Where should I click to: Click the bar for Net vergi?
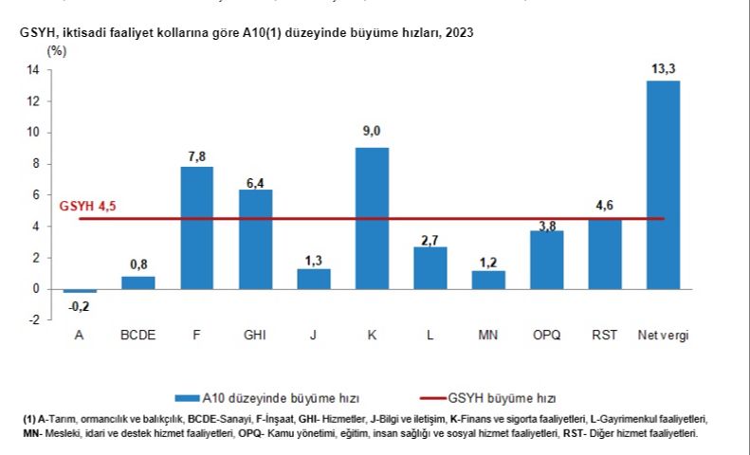click(663, 185)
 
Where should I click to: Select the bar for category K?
click(372, 218)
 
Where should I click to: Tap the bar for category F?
click(196, 227)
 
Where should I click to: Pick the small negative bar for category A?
click(80, 291)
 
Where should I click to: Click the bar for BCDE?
click(138, 282)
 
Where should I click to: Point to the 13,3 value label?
click(663, 67)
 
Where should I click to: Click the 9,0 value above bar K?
click(372, 132)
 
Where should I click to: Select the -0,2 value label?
click(80, 305)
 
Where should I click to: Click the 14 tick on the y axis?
click(32, 70)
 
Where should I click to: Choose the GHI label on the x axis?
click(255, 336)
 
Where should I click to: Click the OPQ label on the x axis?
click(546, 336)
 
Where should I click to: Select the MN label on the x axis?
click(488, 336)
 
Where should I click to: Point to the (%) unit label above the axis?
click(58, 50)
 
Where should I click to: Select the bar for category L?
click(430, 267)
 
